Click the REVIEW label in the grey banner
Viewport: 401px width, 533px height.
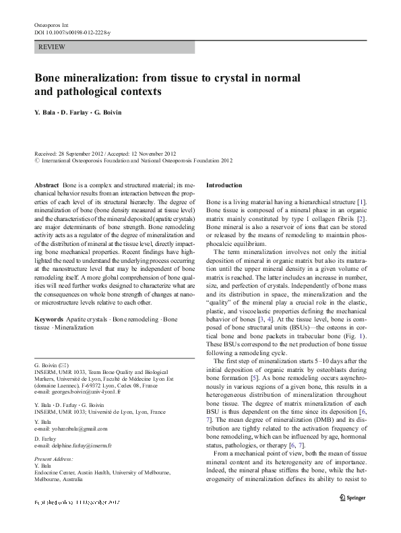pyautogui.click(x=52, y=46)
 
